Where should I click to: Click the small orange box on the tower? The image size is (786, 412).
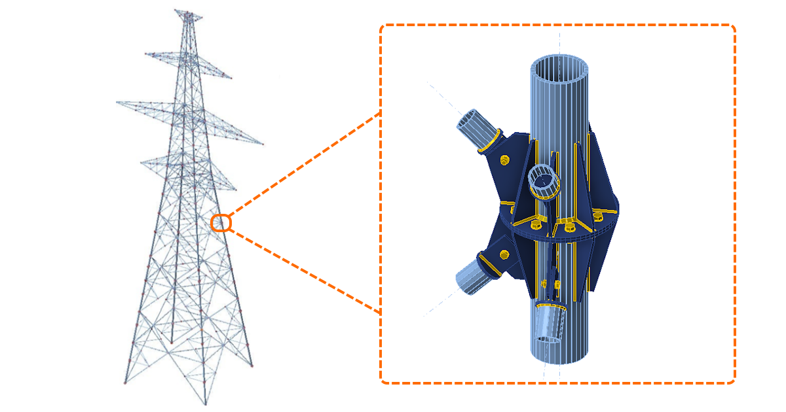tap(221, 223)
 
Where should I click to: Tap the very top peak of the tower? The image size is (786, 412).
tap(188, 11)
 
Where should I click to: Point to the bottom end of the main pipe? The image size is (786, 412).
tap(561, 356)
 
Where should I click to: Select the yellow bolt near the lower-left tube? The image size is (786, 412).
tap(504, 253)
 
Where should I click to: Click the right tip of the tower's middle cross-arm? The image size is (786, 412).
tap(263, 143)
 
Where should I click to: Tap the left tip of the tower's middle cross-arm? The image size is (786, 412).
tap(117, 102)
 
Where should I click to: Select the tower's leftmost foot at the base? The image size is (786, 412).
tap(125, 383)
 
